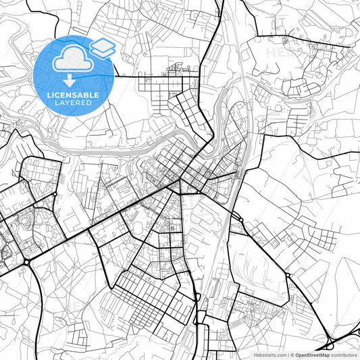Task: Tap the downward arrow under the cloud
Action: pos(74,82)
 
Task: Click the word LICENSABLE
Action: pos(74,95)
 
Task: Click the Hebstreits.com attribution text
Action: pos(268,354)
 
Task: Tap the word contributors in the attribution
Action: pos(344,354)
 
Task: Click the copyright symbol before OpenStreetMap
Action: pos(292,354)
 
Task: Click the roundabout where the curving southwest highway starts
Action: pos(26,261)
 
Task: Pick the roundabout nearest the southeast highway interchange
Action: pos(289,275)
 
